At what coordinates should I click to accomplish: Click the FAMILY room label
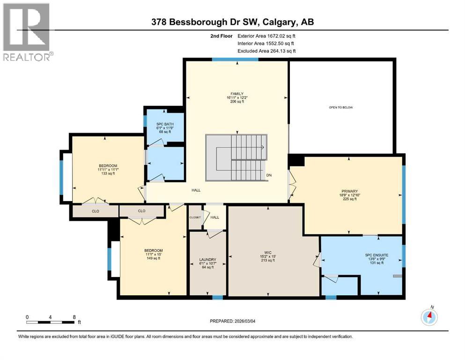point(237,93)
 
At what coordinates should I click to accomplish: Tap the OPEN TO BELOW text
point(340,107)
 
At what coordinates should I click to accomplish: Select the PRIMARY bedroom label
point(349,191)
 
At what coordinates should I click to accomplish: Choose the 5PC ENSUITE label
point(377,255)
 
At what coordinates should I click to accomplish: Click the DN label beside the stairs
point(269,175)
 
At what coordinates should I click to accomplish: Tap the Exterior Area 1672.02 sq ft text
point(266,36)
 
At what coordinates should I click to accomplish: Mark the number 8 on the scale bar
point(74,316)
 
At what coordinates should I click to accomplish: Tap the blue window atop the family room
point(235,60)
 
